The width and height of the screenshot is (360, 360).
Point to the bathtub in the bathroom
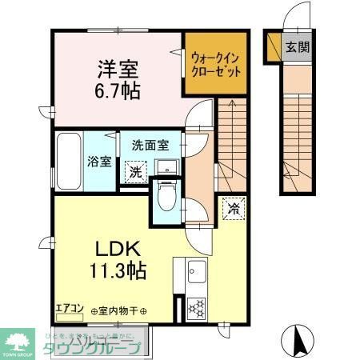(69, 160)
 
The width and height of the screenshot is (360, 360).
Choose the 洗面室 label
(150, 146)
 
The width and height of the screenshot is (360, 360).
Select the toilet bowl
(166, 197)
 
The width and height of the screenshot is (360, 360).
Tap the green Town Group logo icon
(16, 340)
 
